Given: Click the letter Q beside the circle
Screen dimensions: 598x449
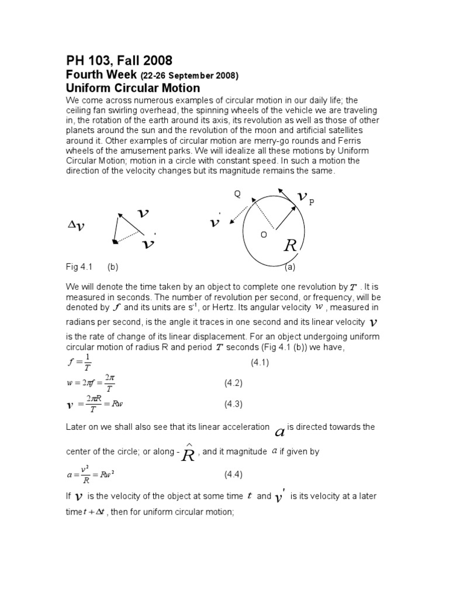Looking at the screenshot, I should (x=237, y=194).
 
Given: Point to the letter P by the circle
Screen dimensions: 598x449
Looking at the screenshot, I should (x=312, y=202).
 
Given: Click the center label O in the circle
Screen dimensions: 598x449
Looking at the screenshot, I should (x=264, y=234).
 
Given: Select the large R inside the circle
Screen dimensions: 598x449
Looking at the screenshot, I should (x=290, y=246).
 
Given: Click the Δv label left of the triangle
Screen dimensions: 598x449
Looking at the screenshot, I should (x=76, y=226).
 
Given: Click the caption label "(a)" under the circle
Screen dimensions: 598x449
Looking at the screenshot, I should (x=290, y=267).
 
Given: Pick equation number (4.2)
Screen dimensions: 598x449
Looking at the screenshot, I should (x=233, y=383).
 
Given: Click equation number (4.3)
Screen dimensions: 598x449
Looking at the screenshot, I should (x=233, y=404).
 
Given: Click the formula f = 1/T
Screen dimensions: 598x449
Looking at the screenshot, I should (x=80, y=363).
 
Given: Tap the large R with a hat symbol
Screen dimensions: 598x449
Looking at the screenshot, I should (x=188, y=453).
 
